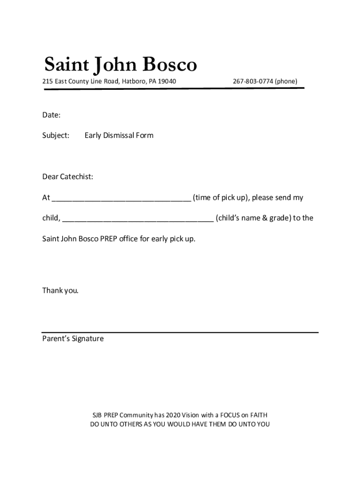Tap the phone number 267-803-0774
252,81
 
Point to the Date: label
51,115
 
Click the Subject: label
56,136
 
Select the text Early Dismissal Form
119,136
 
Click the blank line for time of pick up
121,199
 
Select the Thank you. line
60,290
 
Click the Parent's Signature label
73,339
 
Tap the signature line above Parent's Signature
180,332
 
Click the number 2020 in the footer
173,415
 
